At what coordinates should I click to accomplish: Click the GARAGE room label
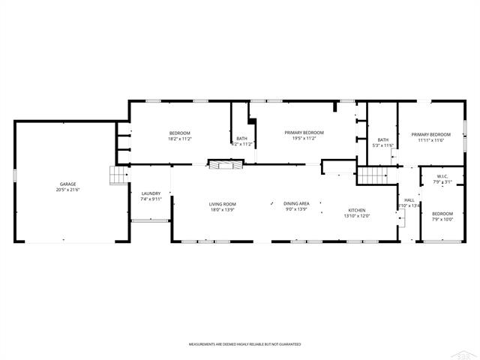pos(68,184)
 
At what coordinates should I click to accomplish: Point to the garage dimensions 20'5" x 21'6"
pos(68,190)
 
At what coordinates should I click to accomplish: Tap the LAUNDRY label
pos(151,193)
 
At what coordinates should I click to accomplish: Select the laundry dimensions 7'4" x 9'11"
pos(151,199)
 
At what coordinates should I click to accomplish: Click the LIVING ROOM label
pos(222,204)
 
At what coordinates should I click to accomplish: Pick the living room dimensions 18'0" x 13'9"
pos(222,210)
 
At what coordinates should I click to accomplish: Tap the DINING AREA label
pos(296,204)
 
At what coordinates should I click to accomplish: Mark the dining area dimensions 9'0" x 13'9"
pos(296,210)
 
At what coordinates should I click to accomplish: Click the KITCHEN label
pos(356,210)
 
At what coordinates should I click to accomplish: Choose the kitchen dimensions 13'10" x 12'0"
pos(356,216)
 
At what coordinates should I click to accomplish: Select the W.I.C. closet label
pos(442,176)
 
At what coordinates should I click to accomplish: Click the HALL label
pos(409,200)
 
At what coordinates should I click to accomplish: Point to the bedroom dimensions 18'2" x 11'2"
pos(180,139)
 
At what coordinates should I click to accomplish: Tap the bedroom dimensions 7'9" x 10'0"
pos(442,220)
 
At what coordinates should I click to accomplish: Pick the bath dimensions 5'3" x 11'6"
pos(383,145)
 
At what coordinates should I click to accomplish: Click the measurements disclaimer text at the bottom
pos(244,343)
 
